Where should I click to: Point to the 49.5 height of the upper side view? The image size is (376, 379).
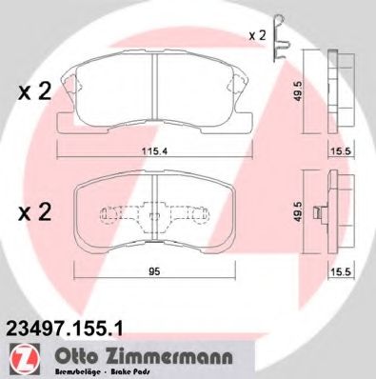tap(299, 92)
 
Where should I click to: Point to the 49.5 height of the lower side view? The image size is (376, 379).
tap(300, 212)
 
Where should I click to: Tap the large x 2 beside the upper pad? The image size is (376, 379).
tap(35, 92)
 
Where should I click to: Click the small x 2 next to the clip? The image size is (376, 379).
tap(256, 35)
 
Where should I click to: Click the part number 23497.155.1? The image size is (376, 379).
tap(67, 326)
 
